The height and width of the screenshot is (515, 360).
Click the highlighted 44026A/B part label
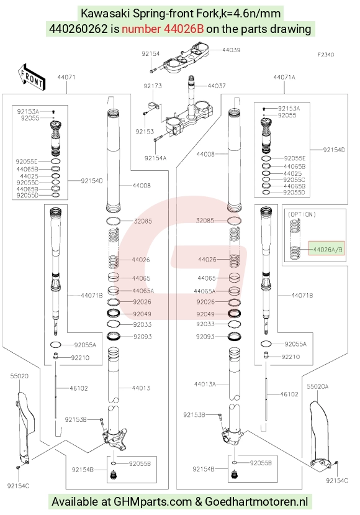328,250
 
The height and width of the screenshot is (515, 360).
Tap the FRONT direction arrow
32,77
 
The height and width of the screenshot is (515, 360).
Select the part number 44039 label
231,50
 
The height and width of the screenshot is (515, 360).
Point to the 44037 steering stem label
217,86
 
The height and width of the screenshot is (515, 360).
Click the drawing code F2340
326,55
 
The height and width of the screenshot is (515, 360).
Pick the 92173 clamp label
153,86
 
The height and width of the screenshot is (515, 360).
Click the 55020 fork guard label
19,376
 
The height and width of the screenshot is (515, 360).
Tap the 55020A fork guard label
318,386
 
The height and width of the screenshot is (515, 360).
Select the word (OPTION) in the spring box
302,214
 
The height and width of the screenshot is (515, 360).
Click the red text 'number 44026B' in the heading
163,29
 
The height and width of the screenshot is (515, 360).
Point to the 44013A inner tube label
205,384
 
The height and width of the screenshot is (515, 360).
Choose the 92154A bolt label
156,158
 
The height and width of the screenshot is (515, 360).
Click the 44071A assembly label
284,77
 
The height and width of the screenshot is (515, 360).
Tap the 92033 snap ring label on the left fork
142,324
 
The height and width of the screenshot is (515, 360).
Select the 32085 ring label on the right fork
205,221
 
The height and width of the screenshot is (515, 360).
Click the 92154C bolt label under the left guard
18,486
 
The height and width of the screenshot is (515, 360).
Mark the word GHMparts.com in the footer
153,501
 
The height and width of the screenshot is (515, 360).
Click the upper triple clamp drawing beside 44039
186,58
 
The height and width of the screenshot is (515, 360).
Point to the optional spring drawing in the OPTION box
295,239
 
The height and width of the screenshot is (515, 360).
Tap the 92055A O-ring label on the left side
85,345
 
